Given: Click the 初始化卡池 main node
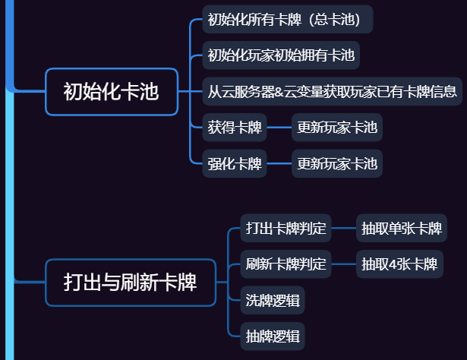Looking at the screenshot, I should [x=112, y=92].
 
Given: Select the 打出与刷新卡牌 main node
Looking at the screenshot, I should [x=131, y=283].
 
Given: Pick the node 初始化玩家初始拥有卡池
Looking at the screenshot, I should [x=280, y=55].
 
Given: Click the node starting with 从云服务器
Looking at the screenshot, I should [x=333, y=92].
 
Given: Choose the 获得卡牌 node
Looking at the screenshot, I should [x=235, y=127].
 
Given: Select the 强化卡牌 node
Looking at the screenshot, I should [x=235, y=163].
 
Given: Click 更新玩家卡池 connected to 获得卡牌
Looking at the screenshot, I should [x=336, y=127].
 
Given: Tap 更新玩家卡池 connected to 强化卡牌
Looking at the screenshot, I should [x=336, y=163].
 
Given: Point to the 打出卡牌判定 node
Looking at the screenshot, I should [x=286, y=228].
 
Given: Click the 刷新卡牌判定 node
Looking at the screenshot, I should [x=286, y=264].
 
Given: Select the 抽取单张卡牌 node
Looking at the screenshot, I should [x=401, y=228].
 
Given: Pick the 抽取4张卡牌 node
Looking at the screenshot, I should [x=399, y=264].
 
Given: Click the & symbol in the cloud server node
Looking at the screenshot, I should [x=279, y=93].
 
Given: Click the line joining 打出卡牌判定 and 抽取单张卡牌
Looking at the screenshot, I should [x=343, y=228].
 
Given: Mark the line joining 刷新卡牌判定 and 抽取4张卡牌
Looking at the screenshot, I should [x=343, y=264].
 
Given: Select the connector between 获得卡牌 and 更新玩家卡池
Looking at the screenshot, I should [x=279, y=127].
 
